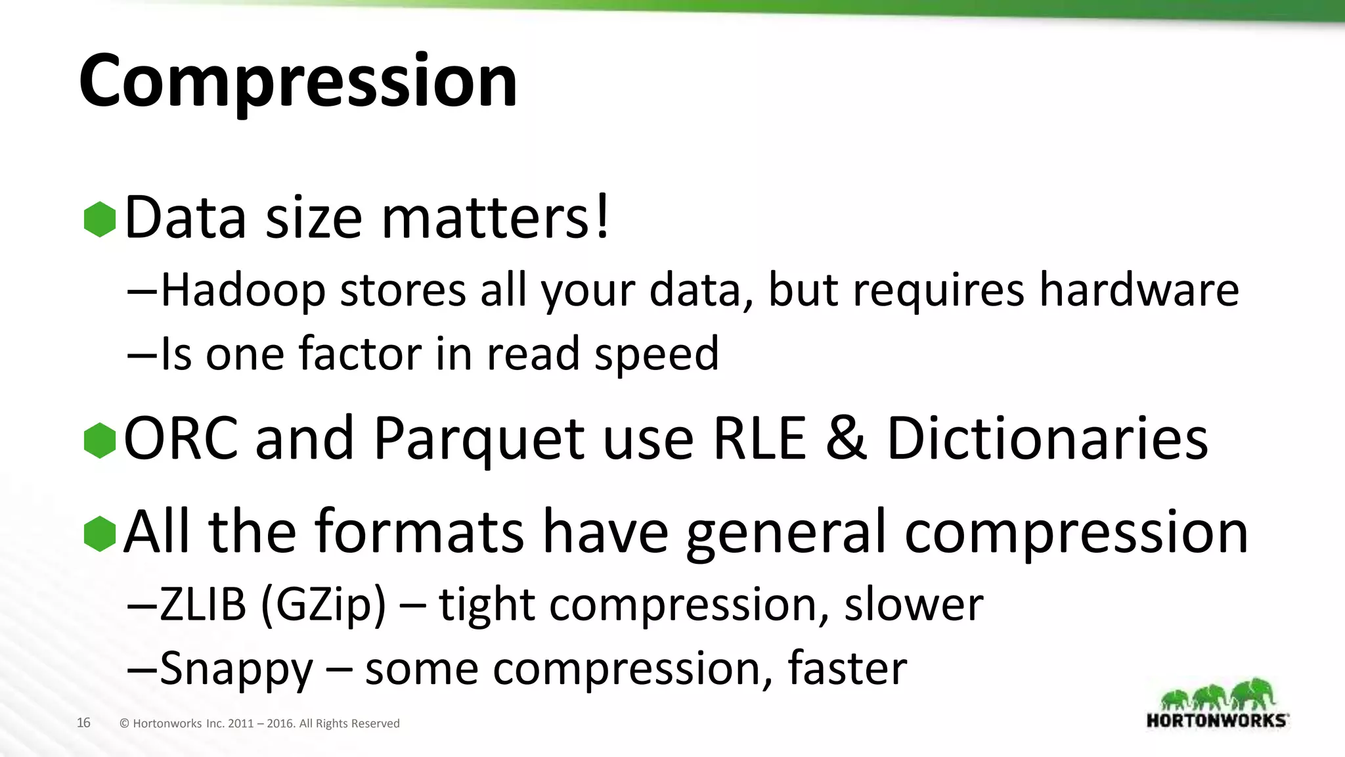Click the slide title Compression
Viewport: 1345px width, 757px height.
point(298,81)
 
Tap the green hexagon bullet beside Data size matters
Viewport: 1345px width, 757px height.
point(100,219)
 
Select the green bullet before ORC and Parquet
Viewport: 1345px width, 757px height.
point(100,440)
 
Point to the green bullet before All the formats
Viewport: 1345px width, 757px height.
point(100,534)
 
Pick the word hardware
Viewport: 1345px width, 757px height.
point(1139,290)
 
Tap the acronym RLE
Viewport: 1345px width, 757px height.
point(759,439)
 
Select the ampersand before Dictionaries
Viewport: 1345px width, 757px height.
point(846,439)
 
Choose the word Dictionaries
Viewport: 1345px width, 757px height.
point(1047,439)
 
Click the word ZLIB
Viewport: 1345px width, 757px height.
point(203,605)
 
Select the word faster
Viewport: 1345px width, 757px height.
point(847,669)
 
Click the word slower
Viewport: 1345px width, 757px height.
point(914,605)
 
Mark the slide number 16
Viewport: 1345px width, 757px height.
point(83,723)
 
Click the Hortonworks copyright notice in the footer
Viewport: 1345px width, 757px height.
point(259,723)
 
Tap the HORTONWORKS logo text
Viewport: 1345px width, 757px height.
point(1217,720)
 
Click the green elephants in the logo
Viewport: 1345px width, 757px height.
point(1217,695)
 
